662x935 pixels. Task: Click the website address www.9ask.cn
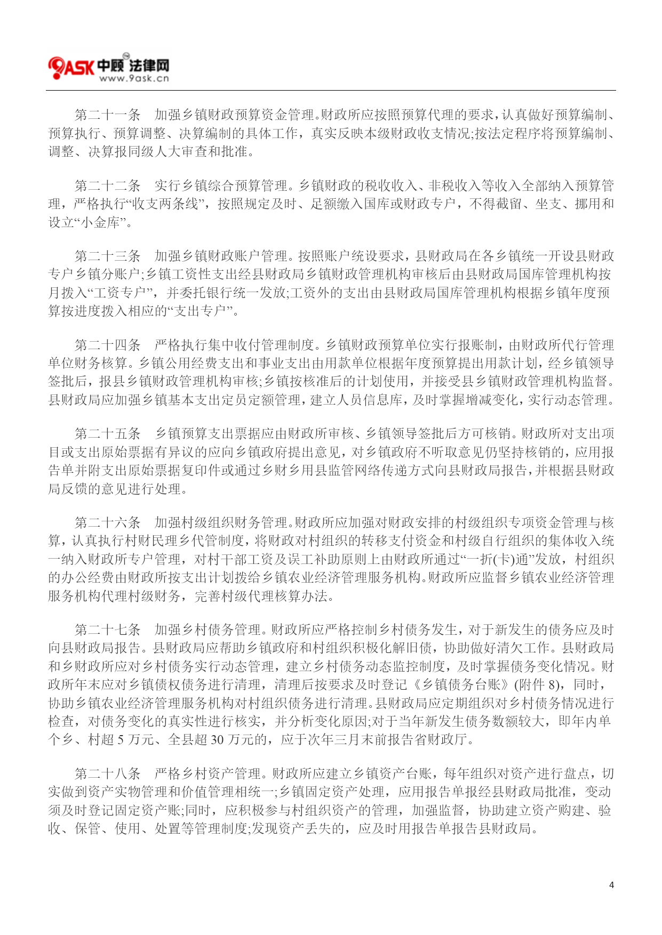(x=134, y=78)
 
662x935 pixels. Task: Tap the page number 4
(x=611, y=885)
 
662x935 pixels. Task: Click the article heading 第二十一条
(x=108, y=115)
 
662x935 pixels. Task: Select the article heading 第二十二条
(x=108, y=186)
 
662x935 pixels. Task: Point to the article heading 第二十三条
(x=108, y=256)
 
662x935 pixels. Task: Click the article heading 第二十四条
(x=108, y=345)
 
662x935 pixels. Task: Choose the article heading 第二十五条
(x=108, y=434)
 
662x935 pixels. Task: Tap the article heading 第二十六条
(x=108, y=523)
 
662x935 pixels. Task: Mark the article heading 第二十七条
(x=108, y=630)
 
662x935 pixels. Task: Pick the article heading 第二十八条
(x=108, y=773)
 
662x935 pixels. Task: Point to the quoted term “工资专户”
(x=123, y=293)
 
